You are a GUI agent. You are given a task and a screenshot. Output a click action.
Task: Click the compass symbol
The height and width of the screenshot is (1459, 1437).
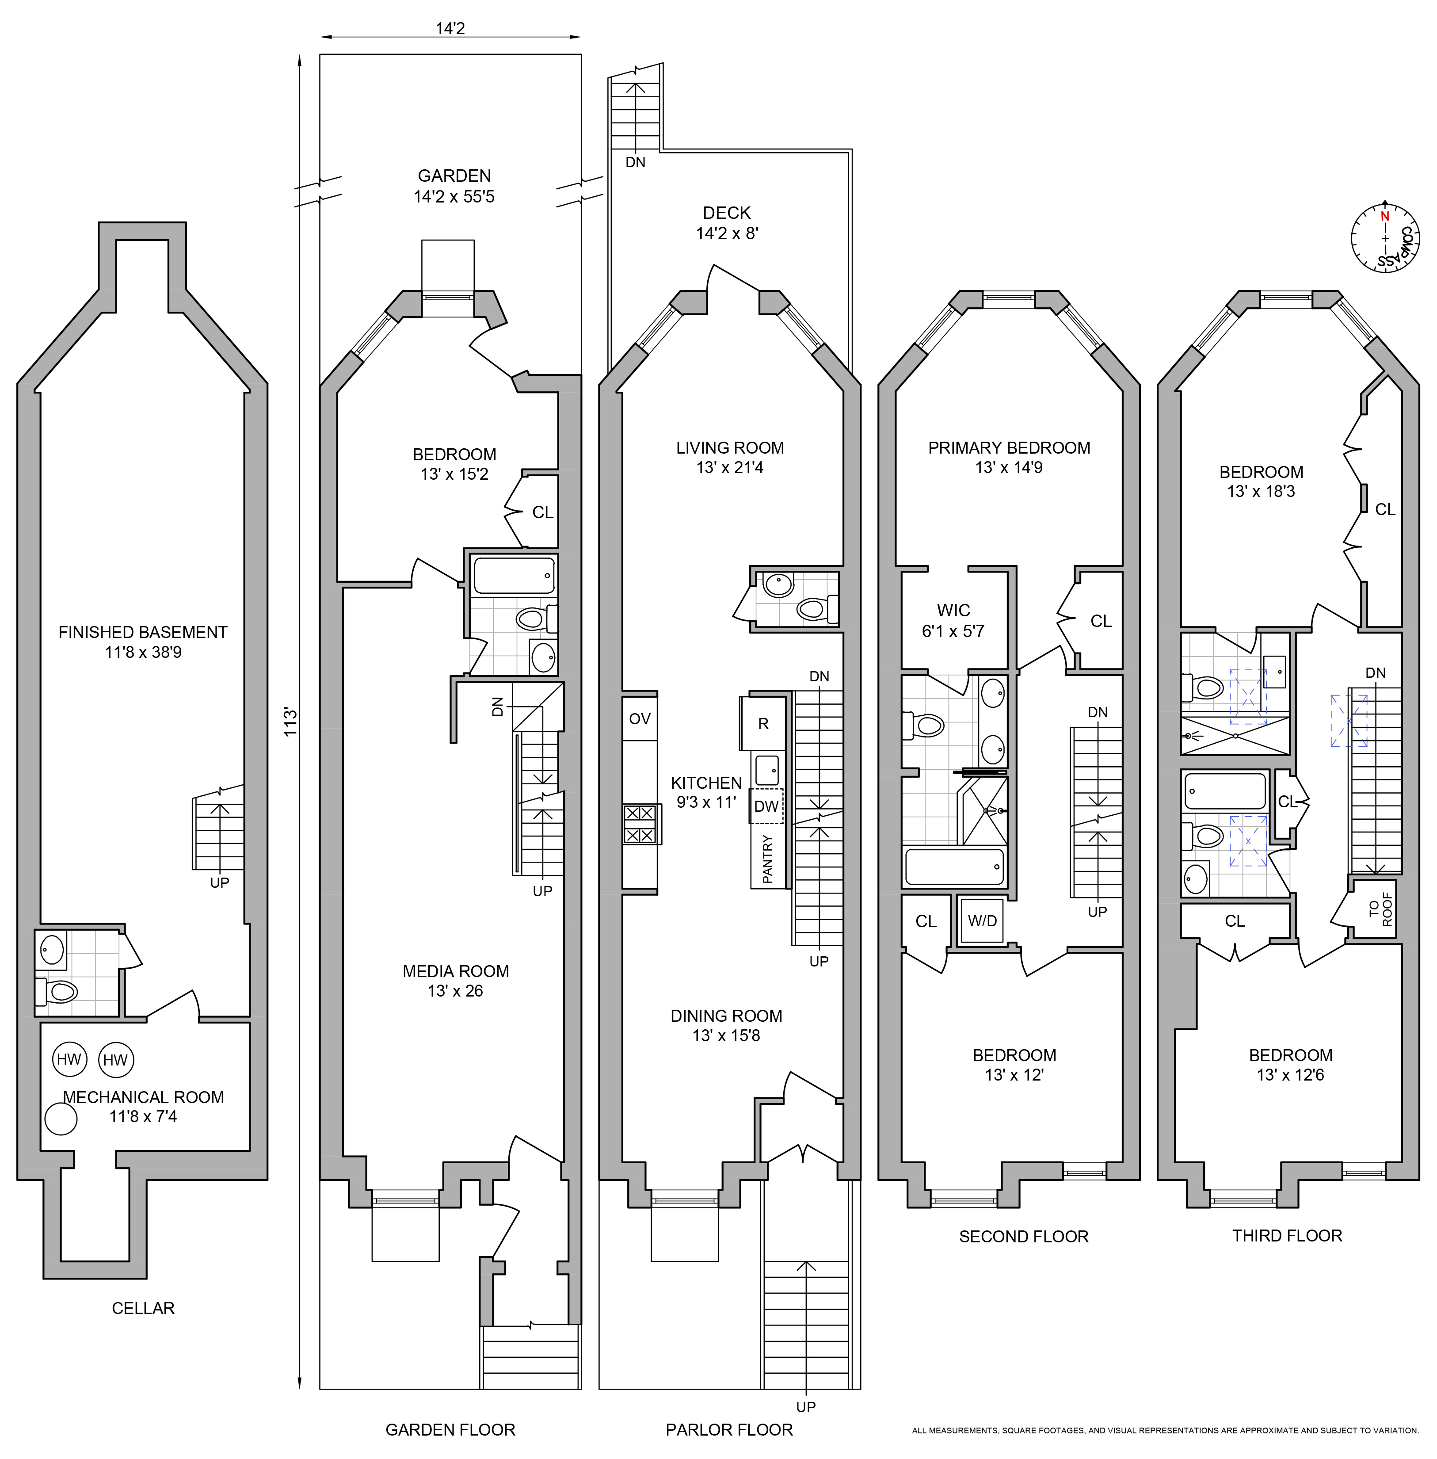(1384, 238)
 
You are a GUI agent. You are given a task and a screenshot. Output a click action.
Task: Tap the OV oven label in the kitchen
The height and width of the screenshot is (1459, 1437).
(639, 718)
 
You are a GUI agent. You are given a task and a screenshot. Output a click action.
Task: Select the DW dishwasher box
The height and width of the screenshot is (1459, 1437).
(766, 806)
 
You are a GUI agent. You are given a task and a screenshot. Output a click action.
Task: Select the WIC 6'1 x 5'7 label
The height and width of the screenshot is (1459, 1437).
(953, 620)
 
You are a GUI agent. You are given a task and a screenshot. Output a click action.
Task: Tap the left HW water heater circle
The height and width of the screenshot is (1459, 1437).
(69, 1059)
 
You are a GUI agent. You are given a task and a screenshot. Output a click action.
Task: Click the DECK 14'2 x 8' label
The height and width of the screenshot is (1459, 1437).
(726, 223)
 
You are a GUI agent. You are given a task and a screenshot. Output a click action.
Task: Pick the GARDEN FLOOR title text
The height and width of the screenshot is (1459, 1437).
(450, 1429)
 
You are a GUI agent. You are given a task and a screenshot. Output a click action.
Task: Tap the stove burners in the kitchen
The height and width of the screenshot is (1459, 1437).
(640, 824)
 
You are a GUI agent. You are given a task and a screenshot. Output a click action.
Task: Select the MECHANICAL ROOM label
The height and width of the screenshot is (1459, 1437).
(143, 1097)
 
